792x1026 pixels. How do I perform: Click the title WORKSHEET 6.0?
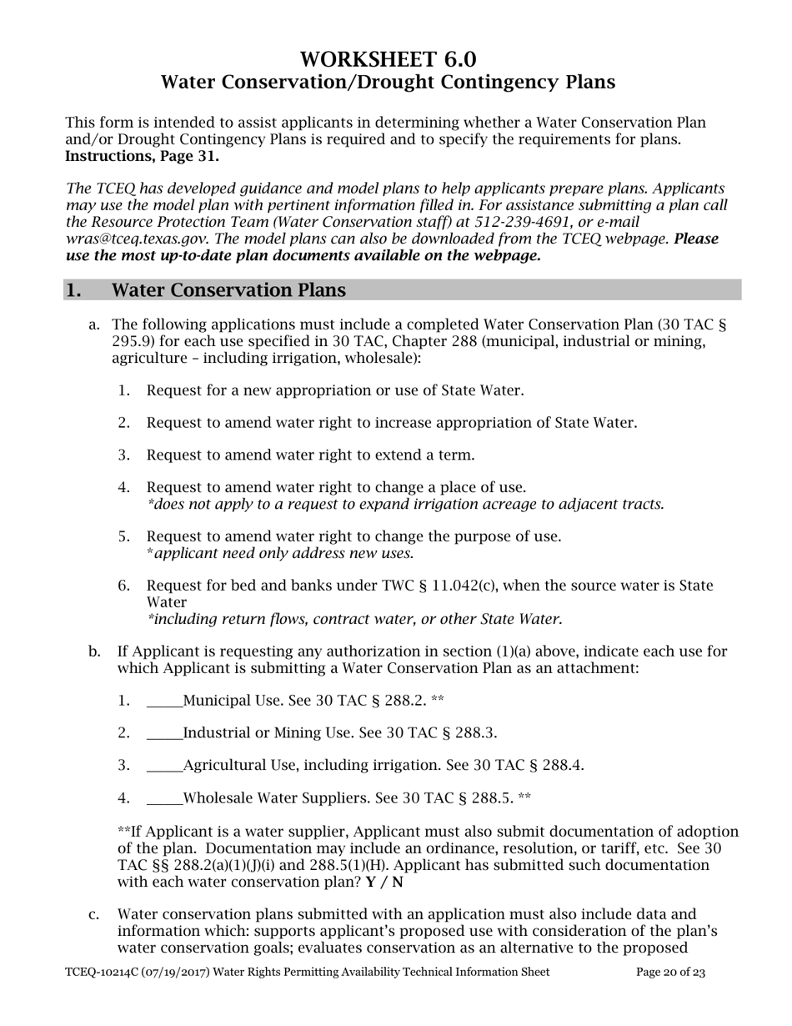pyautogui.click(x=388, y=59)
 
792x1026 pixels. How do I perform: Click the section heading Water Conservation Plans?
pyautogui.click(x=228, y=290)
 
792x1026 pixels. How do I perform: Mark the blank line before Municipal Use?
pyautogui.click(x=164, y=701)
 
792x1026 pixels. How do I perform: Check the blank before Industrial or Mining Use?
pyautogui.click(x=164, y=733)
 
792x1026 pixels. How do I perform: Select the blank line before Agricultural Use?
pyautogui.click(x=164, y=766)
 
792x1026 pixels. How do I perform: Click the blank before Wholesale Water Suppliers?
pyautogui.click(x=164, y=798)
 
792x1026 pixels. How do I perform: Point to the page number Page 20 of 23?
pyautogui.click(x=670, y=972)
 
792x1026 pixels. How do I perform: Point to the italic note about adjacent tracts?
pyautogui.click(x=405, y=504)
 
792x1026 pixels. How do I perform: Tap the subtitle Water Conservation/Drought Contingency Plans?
pyautogui.click(x=388, y=82)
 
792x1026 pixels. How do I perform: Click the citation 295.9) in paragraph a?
pyautogui.click(x=132, y=340)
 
